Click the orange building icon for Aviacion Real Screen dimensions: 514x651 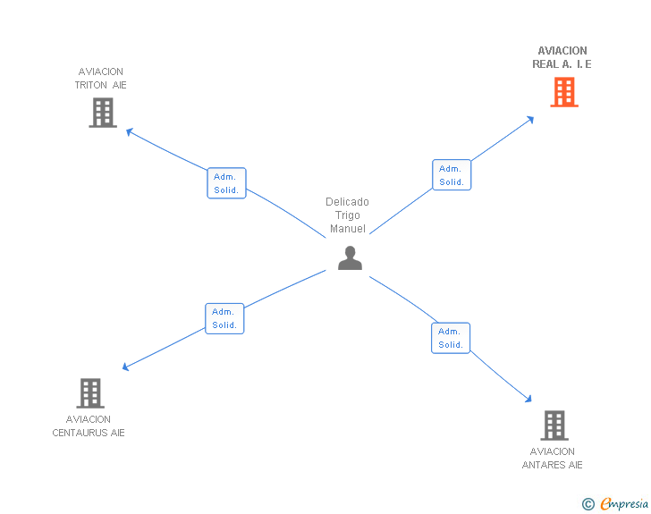point(563,92)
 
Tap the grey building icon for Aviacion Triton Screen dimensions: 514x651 point(103,113)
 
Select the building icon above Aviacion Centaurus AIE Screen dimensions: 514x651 point(89,393)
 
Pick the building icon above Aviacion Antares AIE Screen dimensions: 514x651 point(554,426)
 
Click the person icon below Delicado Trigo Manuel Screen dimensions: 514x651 point(350,258)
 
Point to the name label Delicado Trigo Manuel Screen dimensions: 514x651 point(347,215)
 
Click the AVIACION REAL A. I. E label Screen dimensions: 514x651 point(562,57)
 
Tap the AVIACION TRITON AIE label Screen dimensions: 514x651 point(101,79)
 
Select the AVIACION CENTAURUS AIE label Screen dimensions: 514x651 point(89,426)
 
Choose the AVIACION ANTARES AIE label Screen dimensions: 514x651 point(553,459)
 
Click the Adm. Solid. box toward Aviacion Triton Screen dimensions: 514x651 point(225,183)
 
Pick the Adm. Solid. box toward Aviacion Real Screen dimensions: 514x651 point(451,175)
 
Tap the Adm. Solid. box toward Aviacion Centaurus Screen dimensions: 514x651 point(224,318)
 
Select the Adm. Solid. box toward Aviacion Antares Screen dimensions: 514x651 point(451,338)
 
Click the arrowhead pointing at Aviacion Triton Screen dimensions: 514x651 point(129,131)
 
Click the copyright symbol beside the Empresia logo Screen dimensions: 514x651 point(588,504)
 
